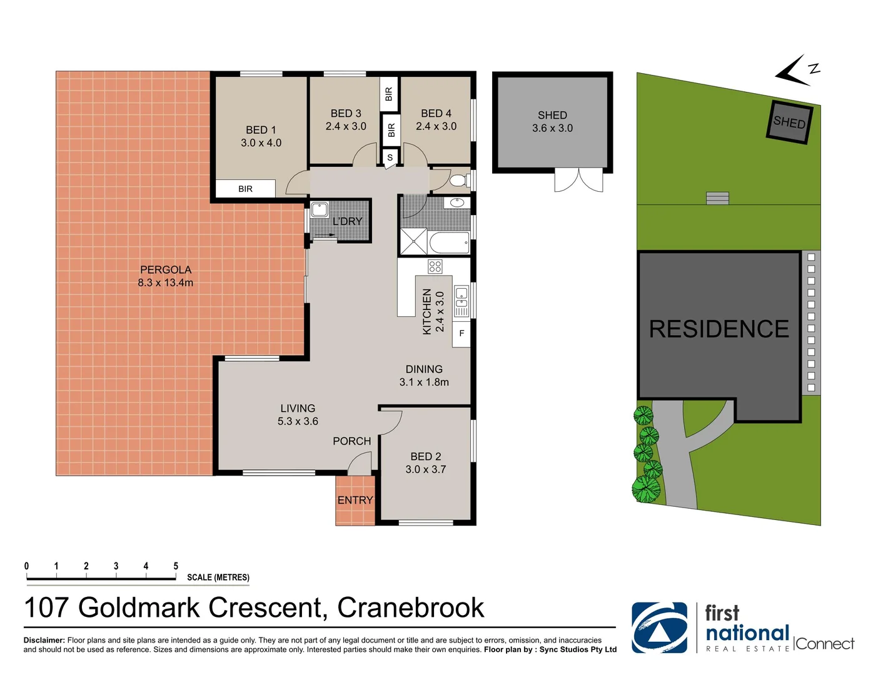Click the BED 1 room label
261,136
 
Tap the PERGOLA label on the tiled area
166,276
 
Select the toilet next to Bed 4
458,181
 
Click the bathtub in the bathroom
449,242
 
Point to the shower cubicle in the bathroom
413,242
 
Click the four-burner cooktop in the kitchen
435,267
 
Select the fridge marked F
462,333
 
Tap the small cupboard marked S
390,157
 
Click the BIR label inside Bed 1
245,189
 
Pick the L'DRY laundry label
347,221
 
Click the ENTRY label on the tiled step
355,500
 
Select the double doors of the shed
578,180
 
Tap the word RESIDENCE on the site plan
719,329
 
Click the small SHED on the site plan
789,122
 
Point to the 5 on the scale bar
176,566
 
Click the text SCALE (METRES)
218,577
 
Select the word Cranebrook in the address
410,607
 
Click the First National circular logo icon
659,627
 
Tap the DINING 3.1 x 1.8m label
424,376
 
